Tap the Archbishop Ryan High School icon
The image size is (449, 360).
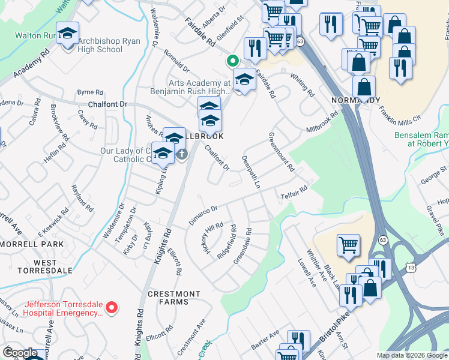pyautogui.click(x=67, y=34)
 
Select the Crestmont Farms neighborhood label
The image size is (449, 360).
pyautogui.click(x=174, y=298)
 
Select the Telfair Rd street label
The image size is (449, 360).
pyautogui.click(x=293, y=192)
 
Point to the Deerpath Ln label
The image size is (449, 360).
pyautogui.click(x=250, y=173)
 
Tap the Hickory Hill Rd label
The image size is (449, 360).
pyautogui.click(x=212, y=238)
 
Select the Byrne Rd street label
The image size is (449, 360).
pyautogui.click(x=90, y=92)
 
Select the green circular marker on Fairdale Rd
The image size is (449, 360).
pyautogui.click(x=231, y=61)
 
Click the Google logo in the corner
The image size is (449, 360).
pyautogui.click(x=20, y=353)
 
